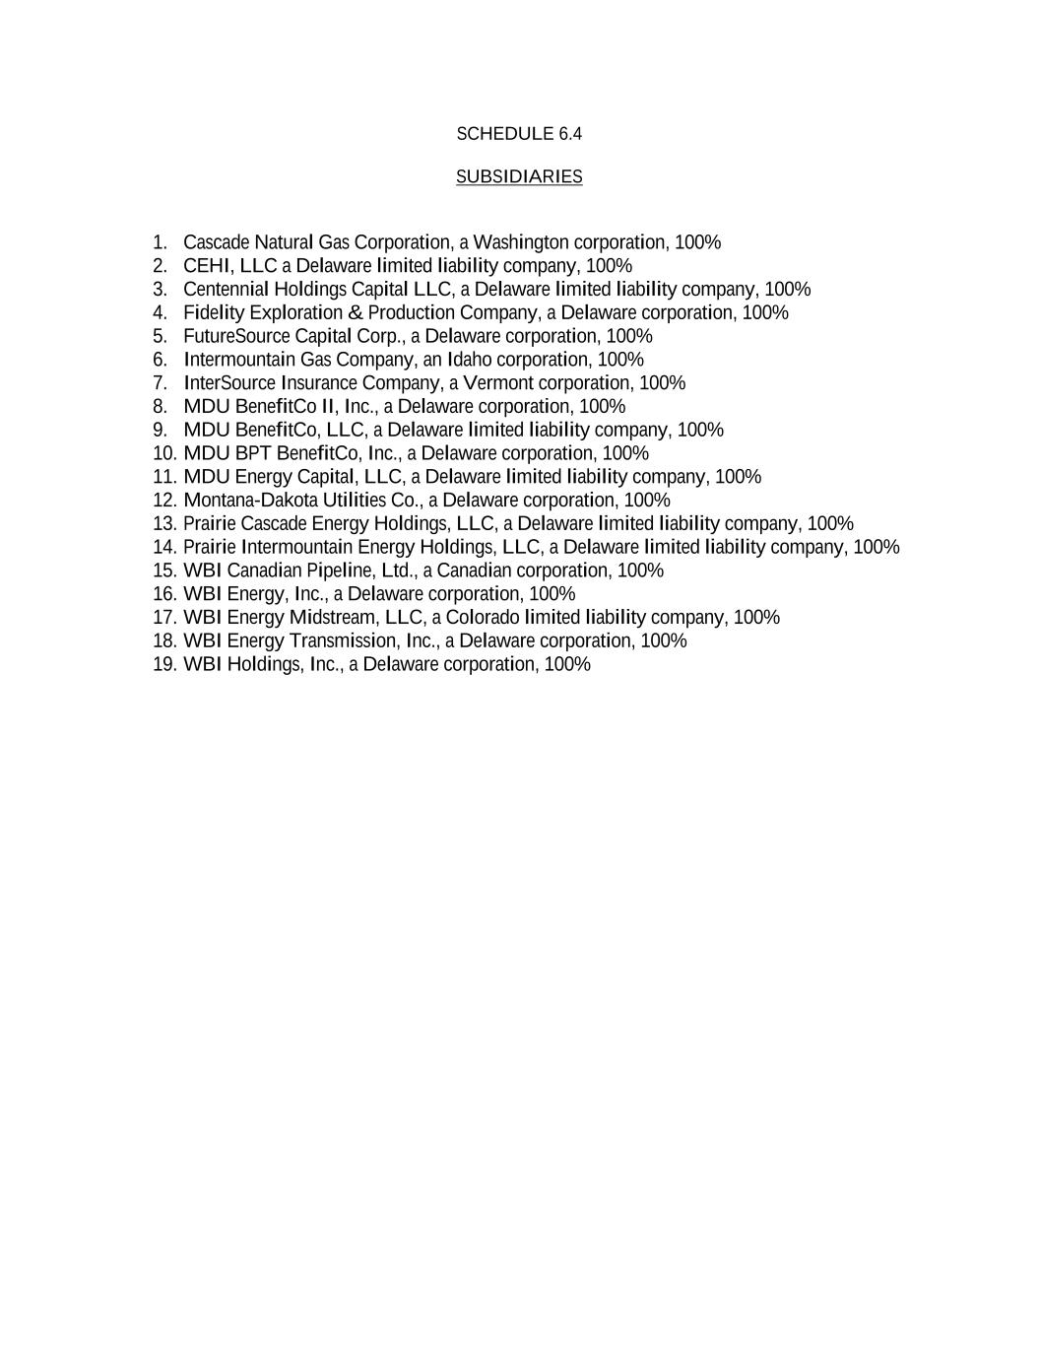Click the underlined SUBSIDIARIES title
click(519, 176)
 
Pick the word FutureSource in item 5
click(236, 336)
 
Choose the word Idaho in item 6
click(470, 360)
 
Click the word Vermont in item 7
click(497, 383)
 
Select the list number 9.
click(161, 431)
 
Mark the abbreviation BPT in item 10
click(253, 453)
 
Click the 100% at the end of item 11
click(738, 477)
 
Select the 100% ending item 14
click(876, 547)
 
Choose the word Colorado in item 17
click(483, 618)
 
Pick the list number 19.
click(164, 665)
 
